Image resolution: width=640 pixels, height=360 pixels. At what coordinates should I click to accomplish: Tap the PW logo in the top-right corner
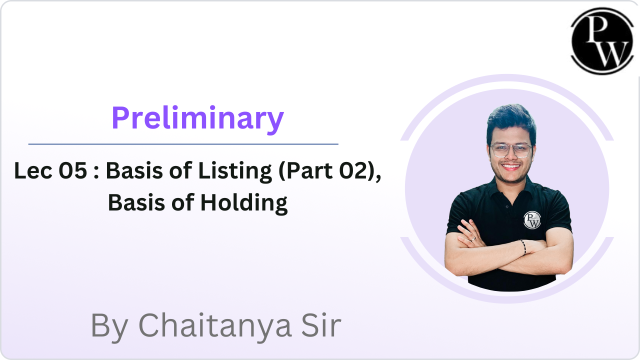(x=602, y=41)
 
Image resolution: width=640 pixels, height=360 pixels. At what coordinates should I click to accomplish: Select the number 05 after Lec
(x=72, y=170)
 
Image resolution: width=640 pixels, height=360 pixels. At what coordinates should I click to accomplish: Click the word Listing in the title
(x=235, y=172)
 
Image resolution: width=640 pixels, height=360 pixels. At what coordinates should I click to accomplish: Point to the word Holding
(x=243, y=203)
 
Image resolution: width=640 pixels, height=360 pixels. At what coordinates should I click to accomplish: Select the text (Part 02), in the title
(x=330, y=171)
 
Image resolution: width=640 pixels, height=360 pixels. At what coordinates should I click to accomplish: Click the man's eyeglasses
(x=511, y=150)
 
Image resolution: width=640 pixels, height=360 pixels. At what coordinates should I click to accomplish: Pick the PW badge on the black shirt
(x=532, y=220)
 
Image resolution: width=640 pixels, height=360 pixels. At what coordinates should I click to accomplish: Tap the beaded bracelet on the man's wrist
(x=523, y=247)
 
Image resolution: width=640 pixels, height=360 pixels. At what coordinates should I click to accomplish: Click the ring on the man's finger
(x=473, y=239)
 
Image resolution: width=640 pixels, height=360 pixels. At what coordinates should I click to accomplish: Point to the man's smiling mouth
(x=510, y=166)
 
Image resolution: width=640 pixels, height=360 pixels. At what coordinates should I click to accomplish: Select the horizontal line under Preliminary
(x=183, y=144)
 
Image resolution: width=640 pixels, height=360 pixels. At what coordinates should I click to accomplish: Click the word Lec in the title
(x=33, y=170)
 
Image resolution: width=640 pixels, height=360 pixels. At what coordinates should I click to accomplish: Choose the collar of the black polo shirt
(x=511, y=188)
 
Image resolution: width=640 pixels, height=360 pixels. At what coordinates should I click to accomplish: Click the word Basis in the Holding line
(x=136, y=202)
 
